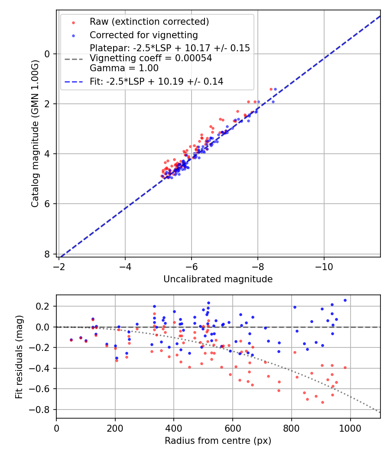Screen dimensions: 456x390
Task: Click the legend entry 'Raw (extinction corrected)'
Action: (x=149, y=22)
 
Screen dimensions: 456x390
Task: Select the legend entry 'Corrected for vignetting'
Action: (x=143, y=35)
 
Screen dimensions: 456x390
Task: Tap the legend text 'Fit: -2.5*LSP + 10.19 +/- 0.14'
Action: (x=156, y=81)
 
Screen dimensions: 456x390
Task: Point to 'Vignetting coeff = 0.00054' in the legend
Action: (x=151, y=58)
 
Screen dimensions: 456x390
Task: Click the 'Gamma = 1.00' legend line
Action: (x=124, y=68)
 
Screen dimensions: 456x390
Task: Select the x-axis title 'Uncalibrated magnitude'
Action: (x=218, y=279)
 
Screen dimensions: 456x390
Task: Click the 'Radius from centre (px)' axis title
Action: (x=218, y=441)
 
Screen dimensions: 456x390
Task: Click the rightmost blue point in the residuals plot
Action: (x=345, y=300)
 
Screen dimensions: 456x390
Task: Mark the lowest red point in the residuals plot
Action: (x=322, y=402)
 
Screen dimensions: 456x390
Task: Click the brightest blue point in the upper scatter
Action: (x=275, y=89)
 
